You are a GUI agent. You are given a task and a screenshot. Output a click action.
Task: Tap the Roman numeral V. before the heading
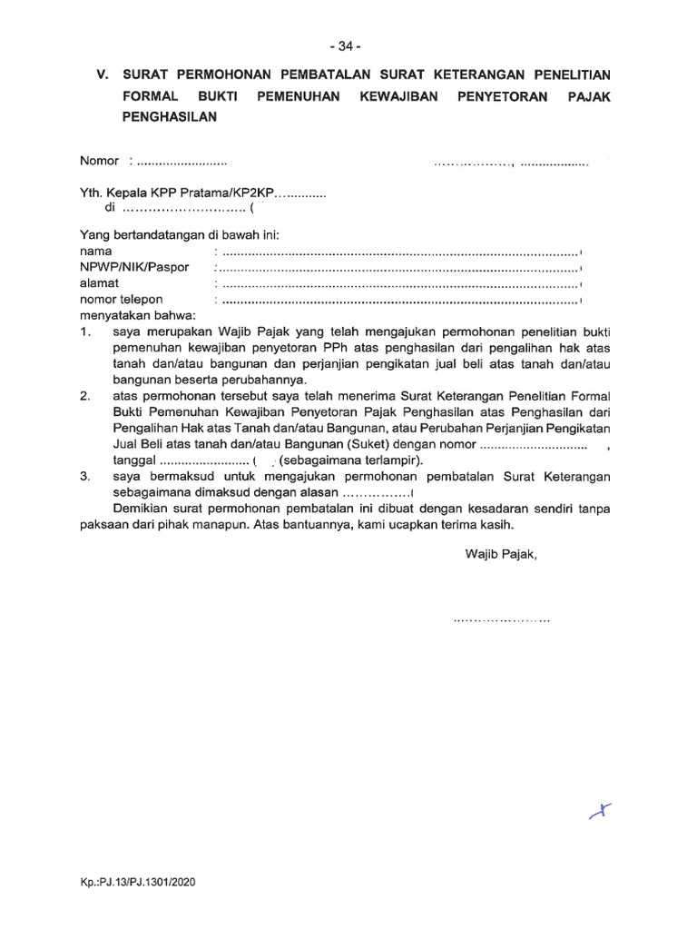(103, 74)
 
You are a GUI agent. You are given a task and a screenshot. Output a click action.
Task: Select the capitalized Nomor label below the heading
(99, 161)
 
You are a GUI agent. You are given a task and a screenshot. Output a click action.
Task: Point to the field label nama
(96, 251)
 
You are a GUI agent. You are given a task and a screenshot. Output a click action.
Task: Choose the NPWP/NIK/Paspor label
(134, 267)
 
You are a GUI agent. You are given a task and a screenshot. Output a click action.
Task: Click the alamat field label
(100, 283)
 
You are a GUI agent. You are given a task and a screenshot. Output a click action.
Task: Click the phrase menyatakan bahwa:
(137, 315)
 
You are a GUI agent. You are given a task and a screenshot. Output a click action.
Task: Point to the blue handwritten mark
(600, 810)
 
